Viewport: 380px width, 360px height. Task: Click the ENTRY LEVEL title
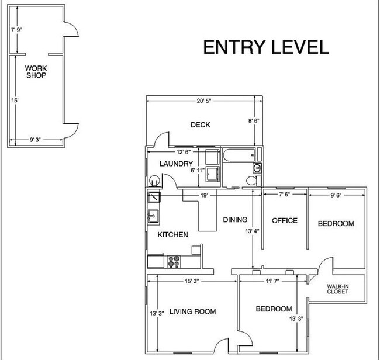[x=266, y=47]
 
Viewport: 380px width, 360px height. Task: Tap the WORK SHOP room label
[x=36, y=71]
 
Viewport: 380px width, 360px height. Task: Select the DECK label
[x=201, y=124]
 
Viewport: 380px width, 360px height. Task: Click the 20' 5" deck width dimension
[x=203, y=101]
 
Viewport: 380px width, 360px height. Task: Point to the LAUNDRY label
[x=176, y=164]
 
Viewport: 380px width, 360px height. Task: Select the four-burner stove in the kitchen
[x=174, y=261]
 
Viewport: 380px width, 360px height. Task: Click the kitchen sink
[x=153, y=216]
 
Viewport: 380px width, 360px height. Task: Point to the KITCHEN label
[x=172, y=234]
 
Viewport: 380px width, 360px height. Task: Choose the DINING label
[x=235, y=220]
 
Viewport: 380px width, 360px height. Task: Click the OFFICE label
[x=284, y=220]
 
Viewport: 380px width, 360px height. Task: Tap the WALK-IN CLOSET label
[x=337, y=289]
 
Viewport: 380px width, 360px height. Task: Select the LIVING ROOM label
[x=192, y=312]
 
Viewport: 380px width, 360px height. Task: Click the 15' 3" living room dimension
[x=191, y=281]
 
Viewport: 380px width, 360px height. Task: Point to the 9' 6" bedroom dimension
[x=337, y=195]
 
